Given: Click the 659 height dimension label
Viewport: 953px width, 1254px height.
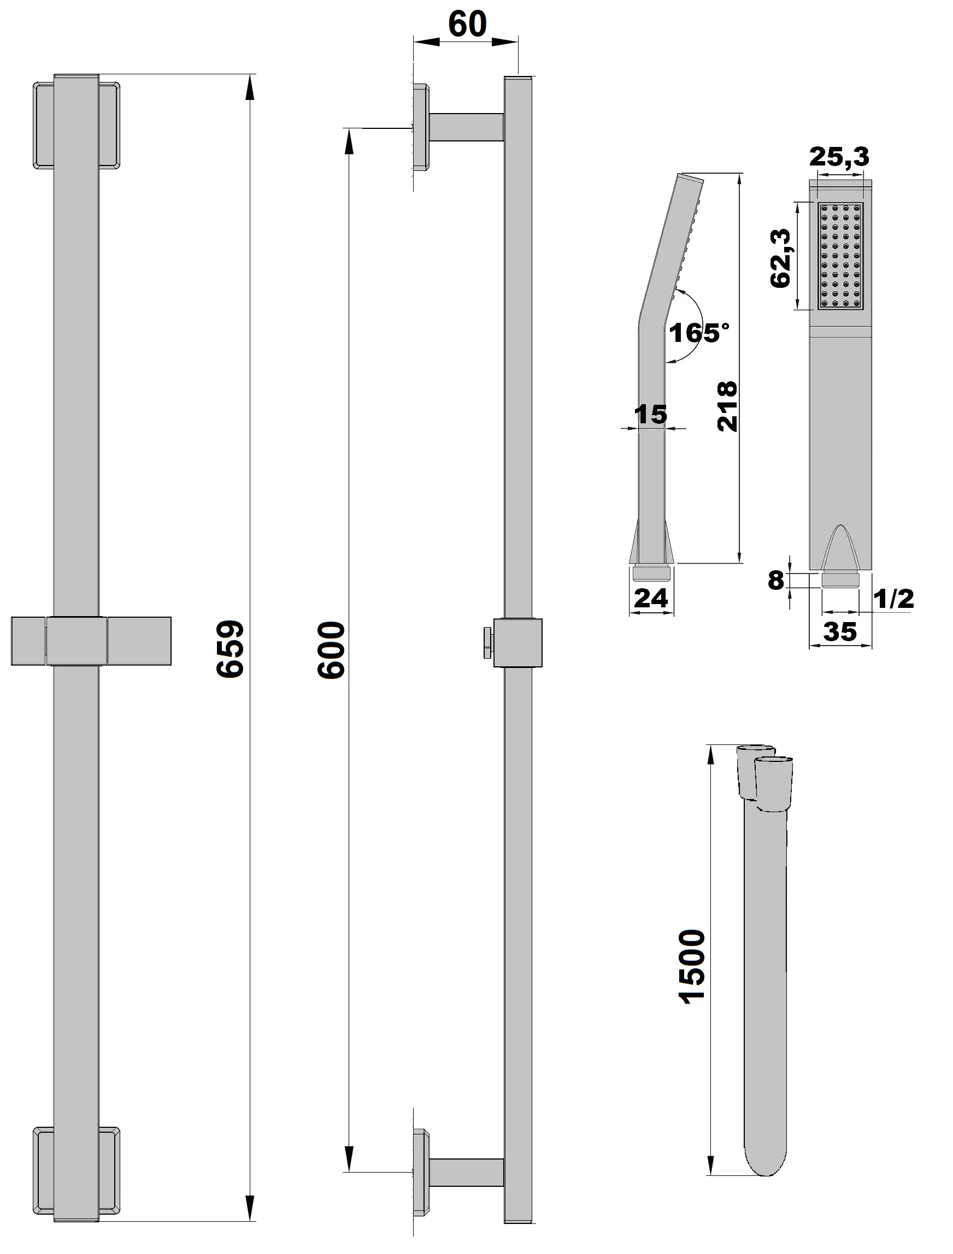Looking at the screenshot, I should [x=230, y=648].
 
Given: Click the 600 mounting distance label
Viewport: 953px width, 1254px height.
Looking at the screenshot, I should [x=331, y=650].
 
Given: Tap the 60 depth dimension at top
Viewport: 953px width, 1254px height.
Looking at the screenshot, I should [x=467, y=25].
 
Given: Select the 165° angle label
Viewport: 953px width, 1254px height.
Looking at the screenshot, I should [x=698, y=332].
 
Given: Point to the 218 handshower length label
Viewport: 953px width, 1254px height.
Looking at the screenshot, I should [x=727, y=406].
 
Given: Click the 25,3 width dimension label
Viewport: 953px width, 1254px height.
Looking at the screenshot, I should [x=839, y=156].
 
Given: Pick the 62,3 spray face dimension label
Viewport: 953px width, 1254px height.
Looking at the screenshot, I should [x=781, y=258].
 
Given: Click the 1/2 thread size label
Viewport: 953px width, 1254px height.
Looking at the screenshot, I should [x=893, y=599].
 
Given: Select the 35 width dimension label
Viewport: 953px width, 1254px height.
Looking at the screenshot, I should [x=839, y=631].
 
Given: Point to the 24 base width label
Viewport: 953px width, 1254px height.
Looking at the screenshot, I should [x=651, y=598].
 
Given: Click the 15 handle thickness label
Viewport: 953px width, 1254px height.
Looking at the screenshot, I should [x=651, y=415].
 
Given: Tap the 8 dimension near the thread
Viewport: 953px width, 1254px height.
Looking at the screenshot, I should [x=776, y=580].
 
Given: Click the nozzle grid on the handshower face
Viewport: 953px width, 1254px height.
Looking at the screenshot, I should [x=840, y=256].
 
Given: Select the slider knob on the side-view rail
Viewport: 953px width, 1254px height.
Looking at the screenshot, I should [x=487, y=642].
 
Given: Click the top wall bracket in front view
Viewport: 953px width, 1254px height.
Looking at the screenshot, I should [x=77, y=125].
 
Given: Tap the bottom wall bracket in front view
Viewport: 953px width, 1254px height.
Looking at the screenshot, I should [x=77, y=1171].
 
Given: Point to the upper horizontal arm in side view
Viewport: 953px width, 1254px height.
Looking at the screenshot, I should [x=466, y=127].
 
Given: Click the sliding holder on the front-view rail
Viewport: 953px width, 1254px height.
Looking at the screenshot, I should [x=91, y=641].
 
